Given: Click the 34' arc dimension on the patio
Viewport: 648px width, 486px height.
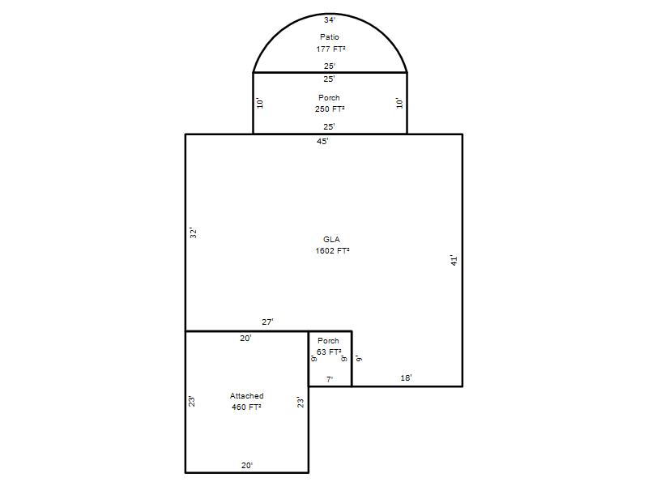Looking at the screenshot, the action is click(x=330, y=19).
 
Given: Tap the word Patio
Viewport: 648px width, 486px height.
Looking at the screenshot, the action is click(x=330, y=36).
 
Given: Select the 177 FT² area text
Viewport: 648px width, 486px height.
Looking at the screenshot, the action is click(x=330, y=49).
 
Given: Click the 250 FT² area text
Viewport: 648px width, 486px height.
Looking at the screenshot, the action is click(x=330, y=109).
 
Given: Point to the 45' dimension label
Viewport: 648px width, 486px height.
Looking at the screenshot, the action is click(x=322, y=141).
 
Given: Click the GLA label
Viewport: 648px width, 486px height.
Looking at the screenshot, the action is click(x=331, y=239).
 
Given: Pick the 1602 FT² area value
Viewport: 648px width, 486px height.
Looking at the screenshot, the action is click(x=332, y=251).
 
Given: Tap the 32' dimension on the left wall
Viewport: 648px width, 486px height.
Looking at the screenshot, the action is click(x=193, y=232).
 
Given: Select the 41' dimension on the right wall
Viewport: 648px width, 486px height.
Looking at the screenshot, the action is click(x=454, y=260).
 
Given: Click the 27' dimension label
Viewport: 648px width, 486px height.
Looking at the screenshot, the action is click(x=267, y=322).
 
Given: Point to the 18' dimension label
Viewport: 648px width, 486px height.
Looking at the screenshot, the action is click(x=406, y=377).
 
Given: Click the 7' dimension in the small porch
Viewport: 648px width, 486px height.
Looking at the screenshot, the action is click(x=330, y=379).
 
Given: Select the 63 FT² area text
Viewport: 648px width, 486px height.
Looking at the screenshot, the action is click(x=329, y=352).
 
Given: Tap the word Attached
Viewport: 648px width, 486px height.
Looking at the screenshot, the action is click(x=247, y=396).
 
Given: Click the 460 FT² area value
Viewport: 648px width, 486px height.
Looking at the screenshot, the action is click(x=246, y=407).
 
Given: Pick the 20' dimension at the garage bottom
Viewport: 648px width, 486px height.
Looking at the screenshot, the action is click(x=247, y=465).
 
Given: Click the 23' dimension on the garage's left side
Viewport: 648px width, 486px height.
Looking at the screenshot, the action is click(x=192, y=401).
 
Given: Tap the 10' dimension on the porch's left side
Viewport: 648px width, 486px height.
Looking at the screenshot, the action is click(x=260, y=103).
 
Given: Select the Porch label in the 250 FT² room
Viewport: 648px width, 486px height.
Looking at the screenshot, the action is click(x=329, y=98).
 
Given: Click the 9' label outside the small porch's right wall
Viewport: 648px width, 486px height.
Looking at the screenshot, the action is click(x=359, y=358).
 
